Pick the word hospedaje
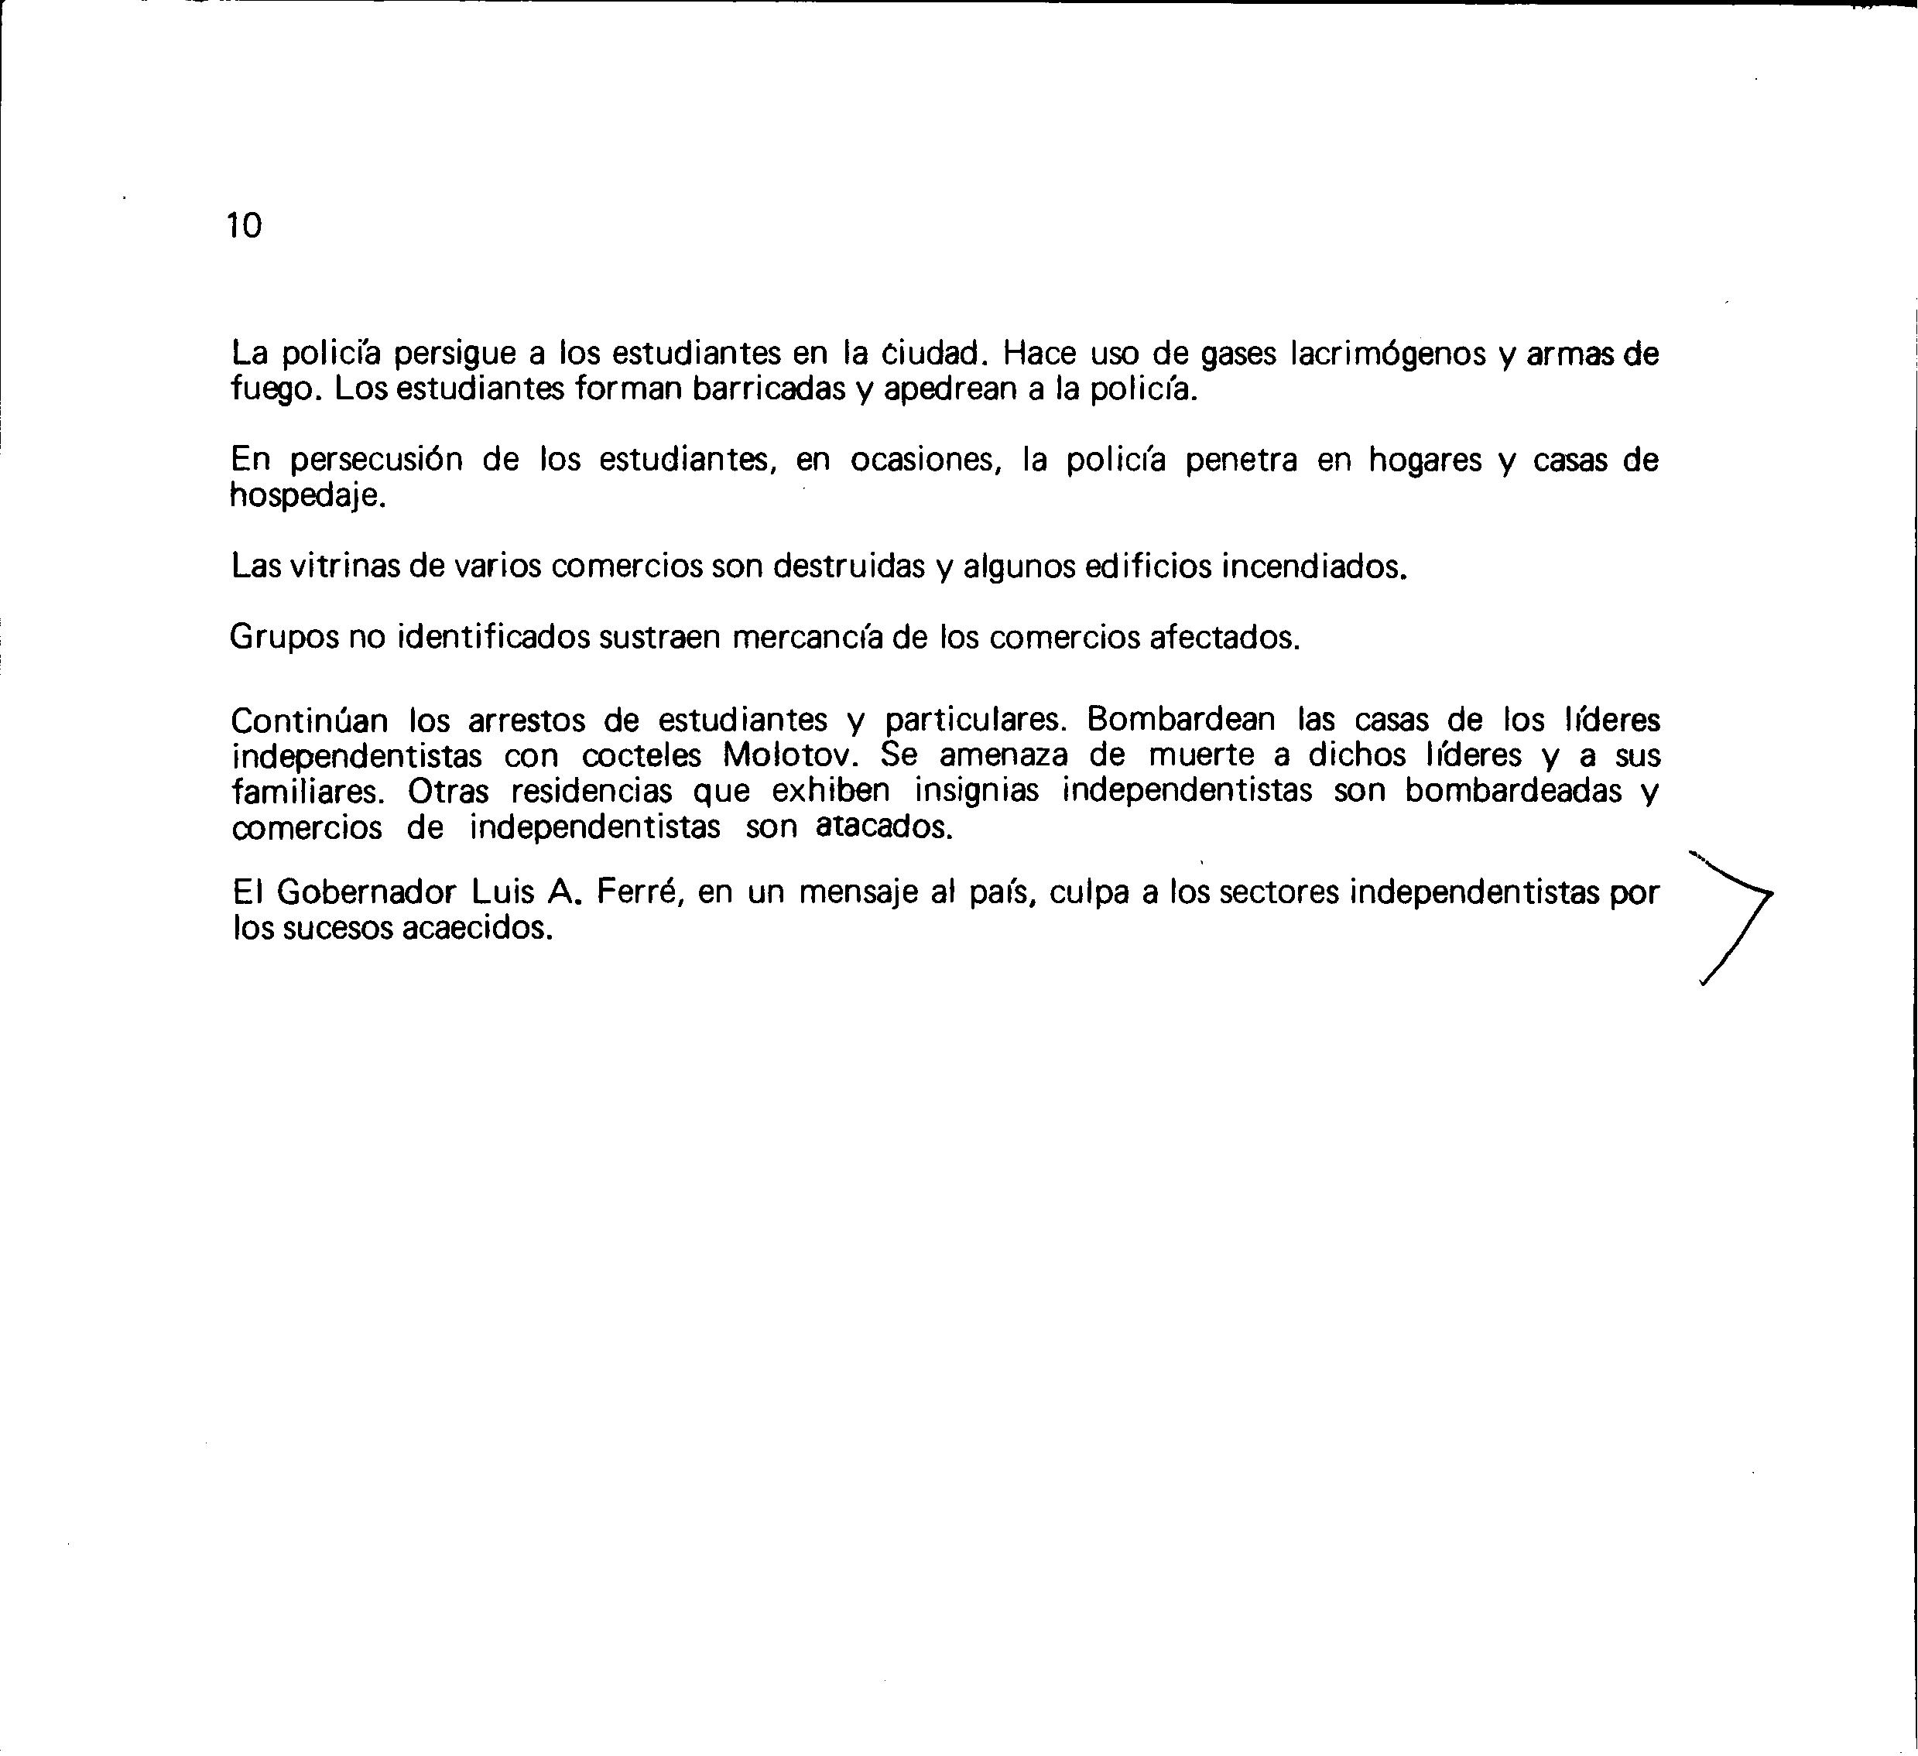click(x=308, y=497)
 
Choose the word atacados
click(x=884, y=827)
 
